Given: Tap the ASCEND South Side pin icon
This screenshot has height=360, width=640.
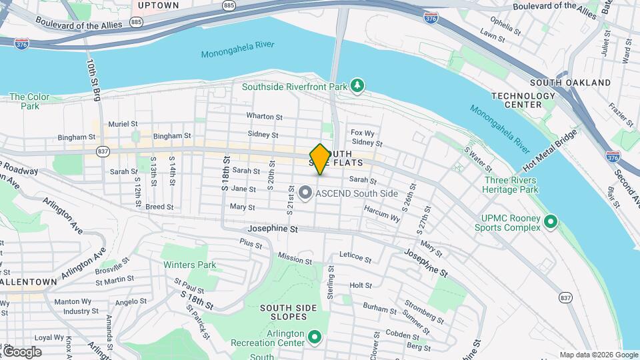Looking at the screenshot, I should click(x=305, y=194).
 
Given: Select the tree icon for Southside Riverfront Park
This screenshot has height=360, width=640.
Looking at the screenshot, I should click(x=358, y=85).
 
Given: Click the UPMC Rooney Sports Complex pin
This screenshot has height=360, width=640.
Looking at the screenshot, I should click(x=551, y=221).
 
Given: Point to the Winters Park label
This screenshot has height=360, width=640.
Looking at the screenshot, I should click(x=190, y=265).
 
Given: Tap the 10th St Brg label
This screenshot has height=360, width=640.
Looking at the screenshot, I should click(x=91, y=79).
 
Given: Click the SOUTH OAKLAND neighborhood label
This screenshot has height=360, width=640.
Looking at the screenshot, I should click(x=570, y=83).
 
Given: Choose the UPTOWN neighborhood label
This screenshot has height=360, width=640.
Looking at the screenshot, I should click(x=158, y=5).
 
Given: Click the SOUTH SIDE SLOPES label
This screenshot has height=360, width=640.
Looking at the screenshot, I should click(x=288, y=313).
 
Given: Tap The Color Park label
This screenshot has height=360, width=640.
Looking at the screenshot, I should click(x=29, y=101).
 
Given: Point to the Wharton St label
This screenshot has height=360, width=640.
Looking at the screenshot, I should click(x=264, y=116).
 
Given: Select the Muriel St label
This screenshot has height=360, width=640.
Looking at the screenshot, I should click(x=123, y=124).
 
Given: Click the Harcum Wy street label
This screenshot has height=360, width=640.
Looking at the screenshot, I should click(x=382, y=213).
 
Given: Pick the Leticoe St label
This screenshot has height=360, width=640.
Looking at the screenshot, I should click(x=355, y=255).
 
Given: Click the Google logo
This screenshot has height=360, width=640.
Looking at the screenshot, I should click(x=22, y=352).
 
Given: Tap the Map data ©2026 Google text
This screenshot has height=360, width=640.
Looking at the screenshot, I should click(x=597, y=355).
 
